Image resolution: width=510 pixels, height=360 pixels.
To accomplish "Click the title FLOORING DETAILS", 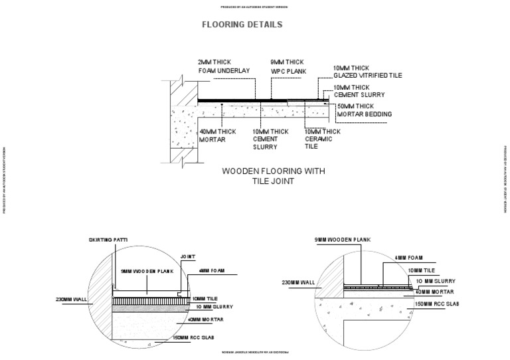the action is click(x=242, y=25).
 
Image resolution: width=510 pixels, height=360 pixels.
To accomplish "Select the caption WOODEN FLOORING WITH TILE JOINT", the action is click(x=273, y=176).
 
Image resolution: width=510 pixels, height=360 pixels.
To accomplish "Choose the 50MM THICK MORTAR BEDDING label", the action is click(x=365, y=110).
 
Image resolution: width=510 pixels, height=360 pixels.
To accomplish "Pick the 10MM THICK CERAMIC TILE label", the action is click(x=323, y=139).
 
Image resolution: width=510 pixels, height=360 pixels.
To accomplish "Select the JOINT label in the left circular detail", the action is click(x=187, y=256).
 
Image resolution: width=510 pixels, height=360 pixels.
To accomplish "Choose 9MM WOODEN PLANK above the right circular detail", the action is click(x=343, y=239).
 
